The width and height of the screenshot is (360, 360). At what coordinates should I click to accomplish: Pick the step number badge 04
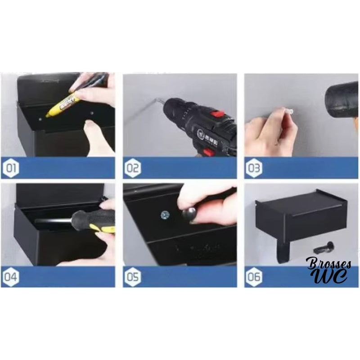(x=12, y=277)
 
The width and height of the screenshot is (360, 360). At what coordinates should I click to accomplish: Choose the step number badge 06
(x=253, y=277)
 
